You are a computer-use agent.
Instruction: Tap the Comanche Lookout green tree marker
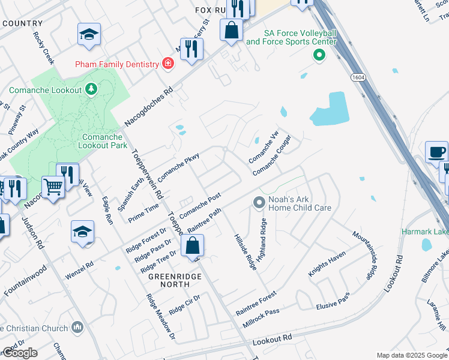click(x=91, y=89)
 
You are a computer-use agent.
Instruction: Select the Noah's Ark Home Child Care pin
click(x=259, y=202)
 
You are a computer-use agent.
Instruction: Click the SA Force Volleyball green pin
click(x=319, y=56)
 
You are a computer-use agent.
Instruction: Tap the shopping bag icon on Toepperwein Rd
click(x=193, y=246)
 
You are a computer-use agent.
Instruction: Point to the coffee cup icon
click(x=436, y=152)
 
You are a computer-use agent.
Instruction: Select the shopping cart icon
click(x=53, y=187)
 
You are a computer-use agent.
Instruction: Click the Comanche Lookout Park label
click(x=103, y=141)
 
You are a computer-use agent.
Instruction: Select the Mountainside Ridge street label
click(x=364, y=254)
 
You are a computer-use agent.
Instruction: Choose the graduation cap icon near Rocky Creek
click(x=89, y=35)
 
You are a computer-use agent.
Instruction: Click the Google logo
click(x=20, y=353)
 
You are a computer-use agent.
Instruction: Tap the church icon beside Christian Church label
click(x=77, y=327)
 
